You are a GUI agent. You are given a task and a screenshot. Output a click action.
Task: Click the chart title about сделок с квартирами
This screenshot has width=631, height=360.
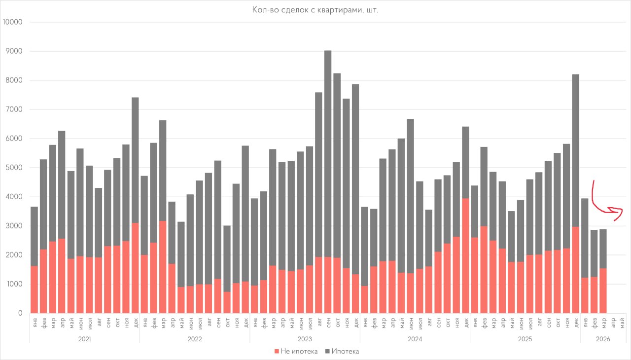click(315, 10)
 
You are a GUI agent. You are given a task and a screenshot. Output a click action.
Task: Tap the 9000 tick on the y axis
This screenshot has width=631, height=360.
click(13, 51)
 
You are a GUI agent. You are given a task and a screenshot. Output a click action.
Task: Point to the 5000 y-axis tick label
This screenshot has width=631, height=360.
click(13, 168)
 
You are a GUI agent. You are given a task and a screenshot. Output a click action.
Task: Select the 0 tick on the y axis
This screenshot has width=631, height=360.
click(20, 313)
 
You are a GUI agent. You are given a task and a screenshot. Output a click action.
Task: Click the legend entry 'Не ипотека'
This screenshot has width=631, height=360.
click(296, 351)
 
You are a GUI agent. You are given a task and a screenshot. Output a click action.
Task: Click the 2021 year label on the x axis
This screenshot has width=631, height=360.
click(84, 339)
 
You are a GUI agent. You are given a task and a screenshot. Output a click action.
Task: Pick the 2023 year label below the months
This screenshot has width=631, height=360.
click(305, 339)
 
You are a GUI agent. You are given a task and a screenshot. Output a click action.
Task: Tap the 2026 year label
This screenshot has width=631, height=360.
click(603, 339)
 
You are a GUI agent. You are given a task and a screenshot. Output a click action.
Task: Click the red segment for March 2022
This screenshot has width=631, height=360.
click(163, 267)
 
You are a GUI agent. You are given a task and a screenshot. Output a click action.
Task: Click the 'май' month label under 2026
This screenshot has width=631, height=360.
click(622, 323)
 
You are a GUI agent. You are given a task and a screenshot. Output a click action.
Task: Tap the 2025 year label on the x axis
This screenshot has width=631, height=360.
click(525, 339)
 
